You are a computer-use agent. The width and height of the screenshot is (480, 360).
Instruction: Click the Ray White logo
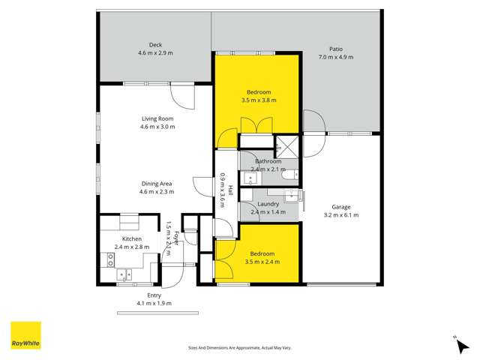tap(25, 335)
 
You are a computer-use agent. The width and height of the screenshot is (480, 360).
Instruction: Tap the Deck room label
tap(155, 44)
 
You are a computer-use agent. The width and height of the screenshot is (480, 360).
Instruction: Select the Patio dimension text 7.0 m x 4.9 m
tap(335, 57)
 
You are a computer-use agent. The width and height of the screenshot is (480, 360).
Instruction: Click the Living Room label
tap(157, 118)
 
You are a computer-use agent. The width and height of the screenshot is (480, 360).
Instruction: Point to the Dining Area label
tap(157, 183)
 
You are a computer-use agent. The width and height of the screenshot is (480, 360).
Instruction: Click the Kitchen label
tap(132, 238)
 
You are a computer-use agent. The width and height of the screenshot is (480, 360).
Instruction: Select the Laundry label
tap(268, 204)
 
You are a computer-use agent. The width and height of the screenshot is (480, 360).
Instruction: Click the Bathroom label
tap(268, 161)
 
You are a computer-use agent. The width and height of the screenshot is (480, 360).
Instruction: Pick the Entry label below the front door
tap(154, 295)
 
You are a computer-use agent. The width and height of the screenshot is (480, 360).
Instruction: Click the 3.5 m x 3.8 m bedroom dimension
tap(259, 100)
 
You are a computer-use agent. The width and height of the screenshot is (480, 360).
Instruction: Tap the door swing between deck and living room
tap(182, 94)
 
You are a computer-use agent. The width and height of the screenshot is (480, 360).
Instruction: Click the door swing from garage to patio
tap(314, 122)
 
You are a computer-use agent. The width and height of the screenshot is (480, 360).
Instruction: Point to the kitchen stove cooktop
tap(111, 259)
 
